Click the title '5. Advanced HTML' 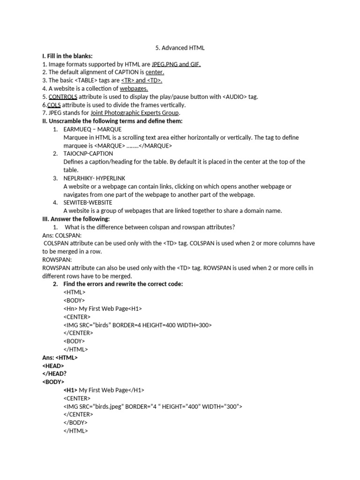point(180,48)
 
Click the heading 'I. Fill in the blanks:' point(67,56)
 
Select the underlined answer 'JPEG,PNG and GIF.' point(176,64)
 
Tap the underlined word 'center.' point(155,72)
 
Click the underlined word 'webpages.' point(134,89)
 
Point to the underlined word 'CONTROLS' point(63,97)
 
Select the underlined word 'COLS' point(54,105)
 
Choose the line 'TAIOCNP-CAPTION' point(88,153)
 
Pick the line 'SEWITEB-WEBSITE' point(88,202)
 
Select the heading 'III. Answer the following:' point(76,219)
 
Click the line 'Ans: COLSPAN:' point(62,235)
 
